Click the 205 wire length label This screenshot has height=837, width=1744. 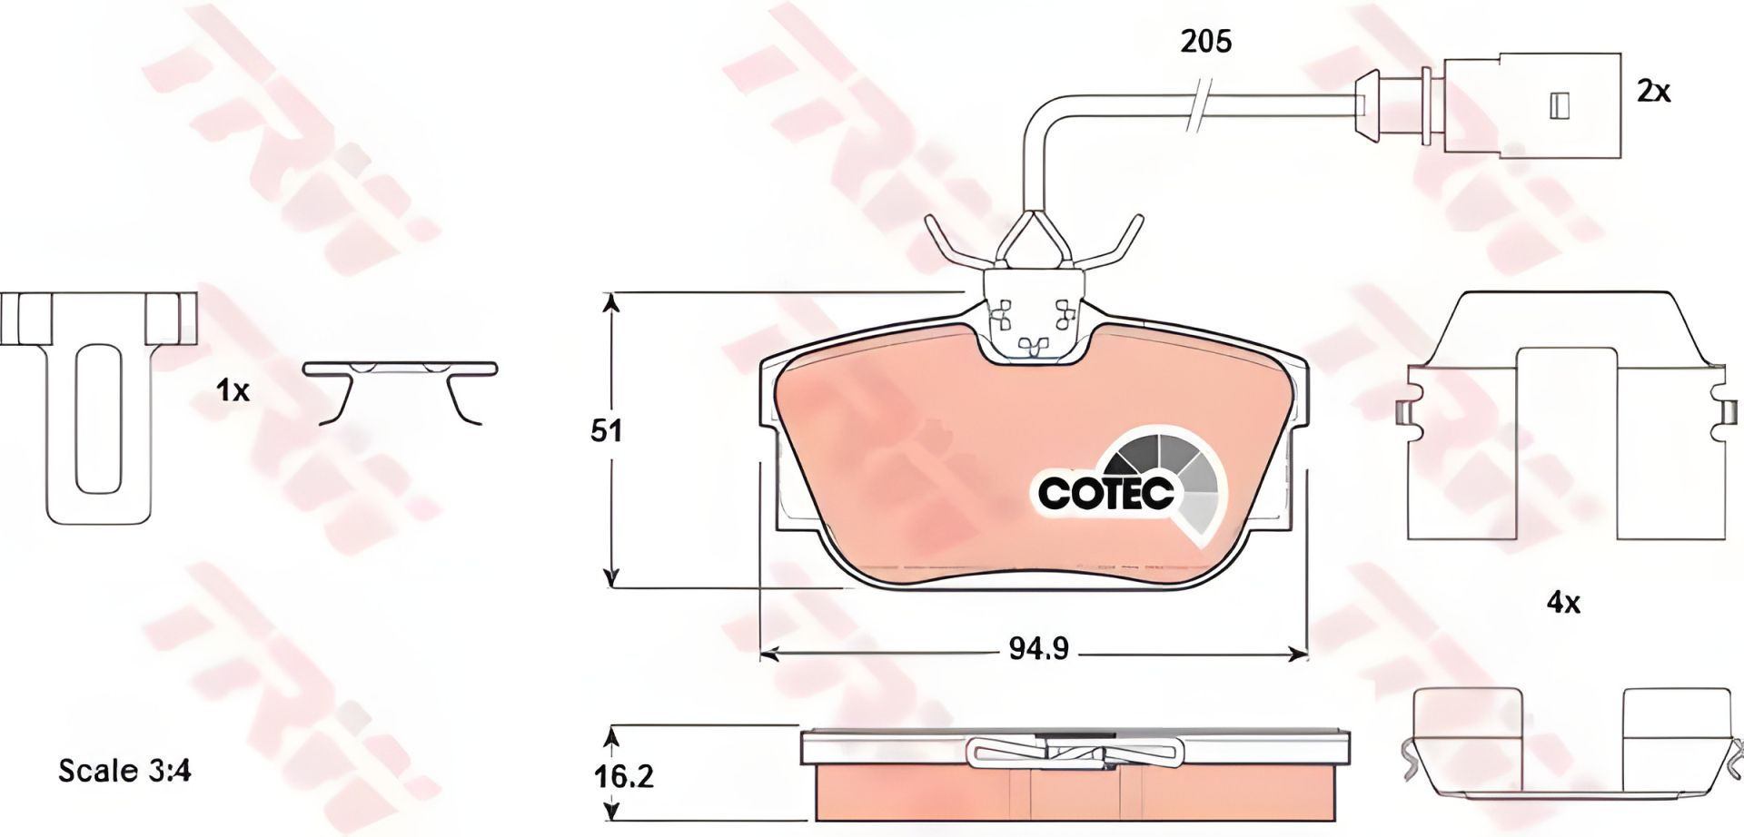pos(1205,41)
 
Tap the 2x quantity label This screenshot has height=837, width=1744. pos(1653,91)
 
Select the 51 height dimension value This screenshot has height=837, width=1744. pos(606,430)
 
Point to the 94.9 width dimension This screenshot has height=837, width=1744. pos(1038,649)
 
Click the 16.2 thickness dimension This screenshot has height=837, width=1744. pos(625,776)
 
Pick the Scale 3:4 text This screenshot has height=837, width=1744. pos(124,772)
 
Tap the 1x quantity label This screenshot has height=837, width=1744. pos(233,391)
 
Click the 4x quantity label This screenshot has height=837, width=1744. pos(1563,602)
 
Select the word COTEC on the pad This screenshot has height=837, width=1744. pos(1105,493)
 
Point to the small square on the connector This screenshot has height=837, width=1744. pos(1559,106)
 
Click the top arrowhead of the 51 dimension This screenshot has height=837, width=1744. pos(612,302)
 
